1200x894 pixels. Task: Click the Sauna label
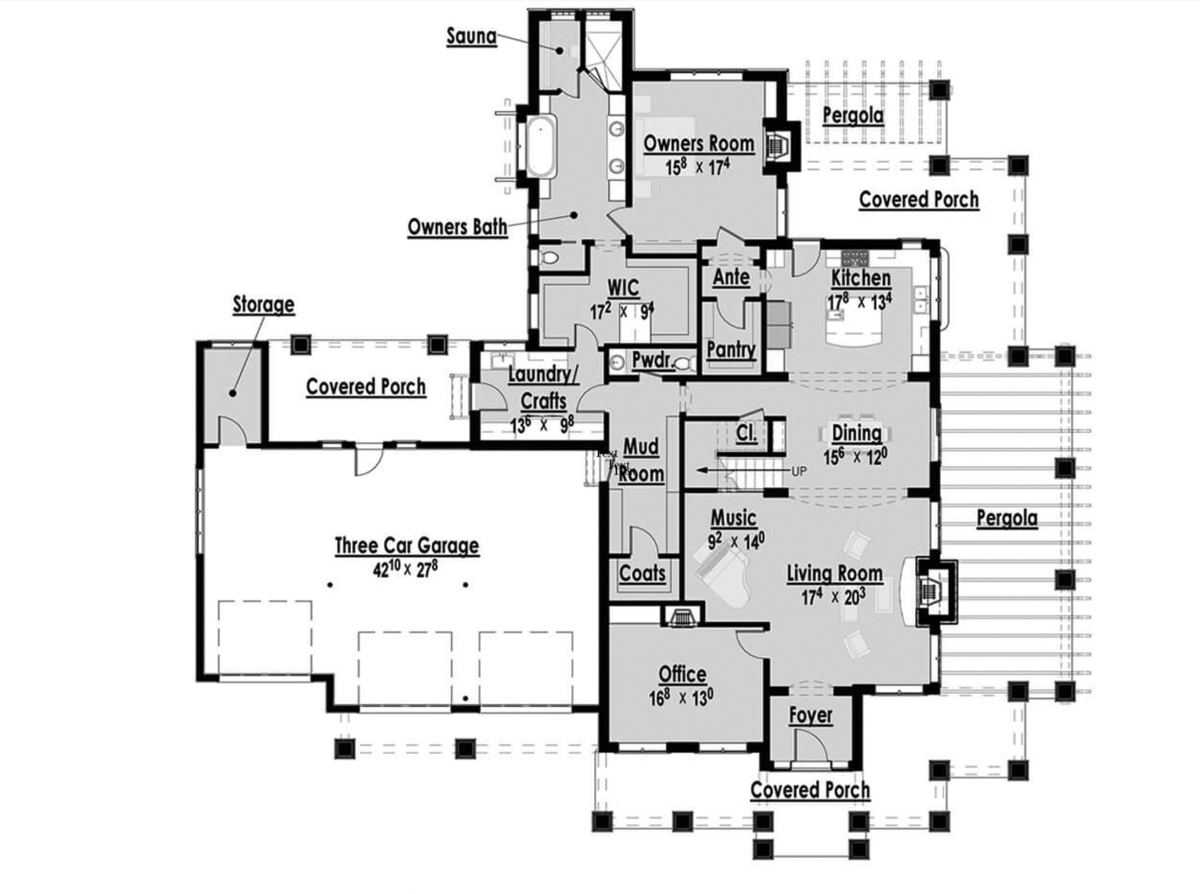(471, 37)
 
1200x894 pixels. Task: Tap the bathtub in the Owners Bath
(541, 147)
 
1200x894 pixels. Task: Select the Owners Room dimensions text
(698, 167)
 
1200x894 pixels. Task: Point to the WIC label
(623, 288)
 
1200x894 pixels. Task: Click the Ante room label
(731, 277)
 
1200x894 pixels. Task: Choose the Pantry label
(731, 349)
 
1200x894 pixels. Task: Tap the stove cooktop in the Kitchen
(854, 259)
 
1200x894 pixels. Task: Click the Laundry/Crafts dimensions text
(542, 425)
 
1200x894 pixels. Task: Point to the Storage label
(263, 304)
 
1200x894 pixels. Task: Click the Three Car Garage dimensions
(405, 568)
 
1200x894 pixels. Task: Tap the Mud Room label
(641, 460)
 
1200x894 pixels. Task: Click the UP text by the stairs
(799, 472)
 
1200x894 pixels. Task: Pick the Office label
(682, 674)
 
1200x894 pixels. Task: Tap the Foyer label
(810, 715)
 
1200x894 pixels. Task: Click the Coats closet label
(642, 573)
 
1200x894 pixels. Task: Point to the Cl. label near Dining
(746, 433)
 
